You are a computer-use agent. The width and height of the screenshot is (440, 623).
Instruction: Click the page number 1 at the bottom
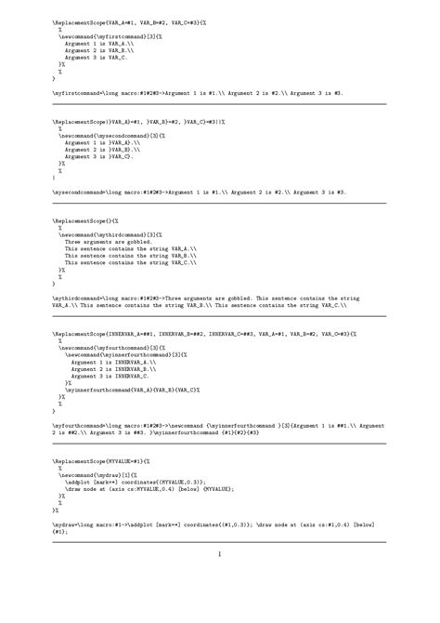pos(220,554)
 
